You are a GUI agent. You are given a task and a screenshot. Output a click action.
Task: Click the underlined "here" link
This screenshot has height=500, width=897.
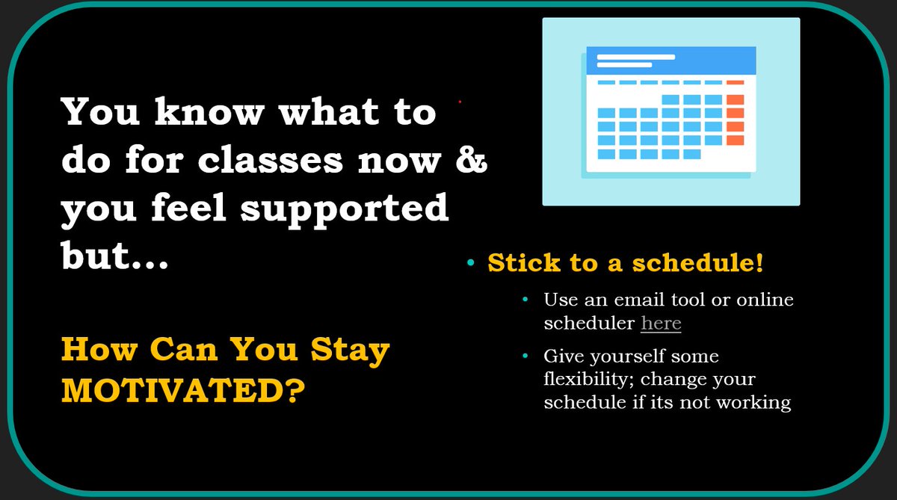tap(661, 323)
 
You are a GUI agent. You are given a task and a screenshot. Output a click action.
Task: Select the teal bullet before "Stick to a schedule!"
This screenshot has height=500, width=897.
tap(470, 263)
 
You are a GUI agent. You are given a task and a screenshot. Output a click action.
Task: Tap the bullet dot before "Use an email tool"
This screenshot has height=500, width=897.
tap(525, 300)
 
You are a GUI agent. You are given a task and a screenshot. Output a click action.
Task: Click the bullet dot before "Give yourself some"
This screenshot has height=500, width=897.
tap(525, 357)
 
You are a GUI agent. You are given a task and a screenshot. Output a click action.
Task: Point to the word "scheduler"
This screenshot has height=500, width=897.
tap(589, 323)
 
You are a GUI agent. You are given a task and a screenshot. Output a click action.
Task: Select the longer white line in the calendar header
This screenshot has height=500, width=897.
tap(636, 56)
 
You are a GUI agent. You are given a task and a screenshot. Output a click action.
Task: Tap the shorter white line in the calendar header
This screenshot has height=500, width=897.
tap(624, 65)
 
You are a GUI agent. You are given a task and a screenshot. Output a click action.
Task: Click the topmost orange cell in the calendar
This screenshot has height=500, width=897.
tap(735, 82)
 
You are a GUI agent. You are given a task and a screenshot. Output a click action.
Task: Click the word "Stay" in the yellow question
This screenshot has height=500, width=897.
tap(352, 350)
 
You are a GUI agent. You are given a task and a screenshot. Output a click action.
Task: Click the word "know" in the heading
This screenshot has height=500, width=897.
tap(209, 112)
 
